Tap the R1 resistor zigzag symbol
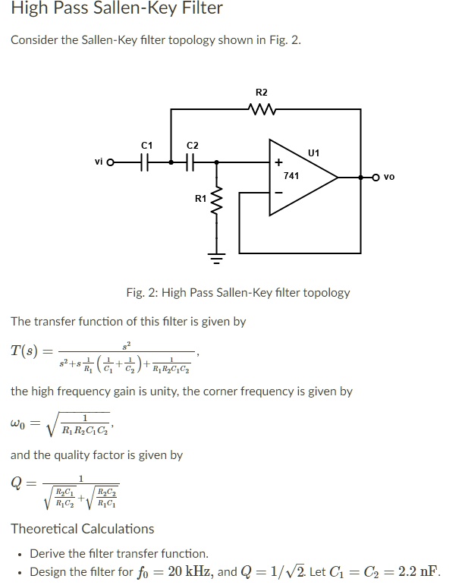217,200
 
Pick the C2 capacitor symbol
191,162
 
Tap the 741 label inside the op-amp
291,175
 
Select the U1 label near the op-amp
315,153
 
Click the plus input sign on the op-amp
278,162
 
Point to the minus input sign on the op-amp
278,191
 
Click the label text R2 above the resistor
261,93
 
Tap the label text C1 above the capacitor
147,144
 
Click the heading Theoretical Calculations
82,529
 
